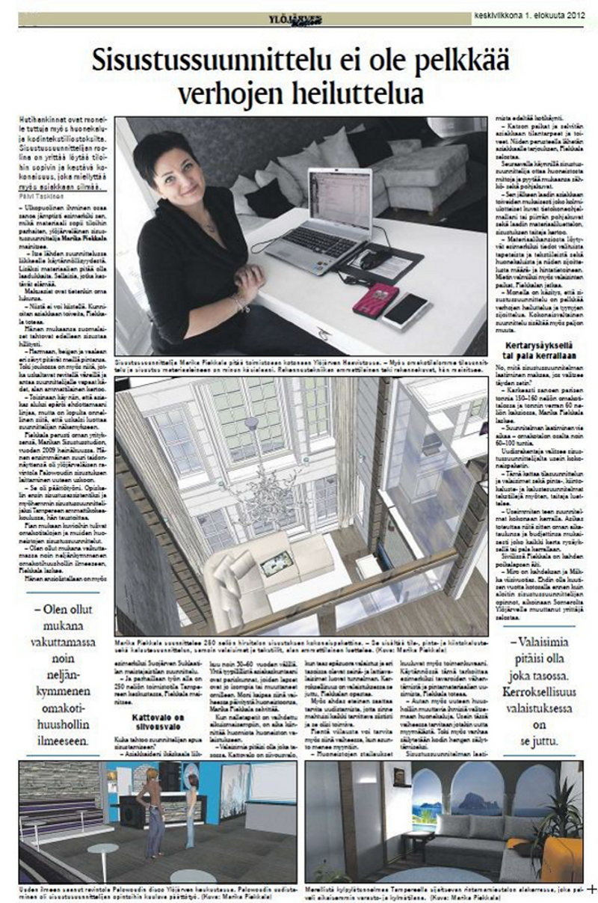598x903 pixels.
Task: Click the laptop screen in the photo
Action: pyautogui.click(x=339, y=198)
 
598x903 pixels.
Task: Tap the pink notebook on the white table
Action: pyautogui.click(x=375, y=299)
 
